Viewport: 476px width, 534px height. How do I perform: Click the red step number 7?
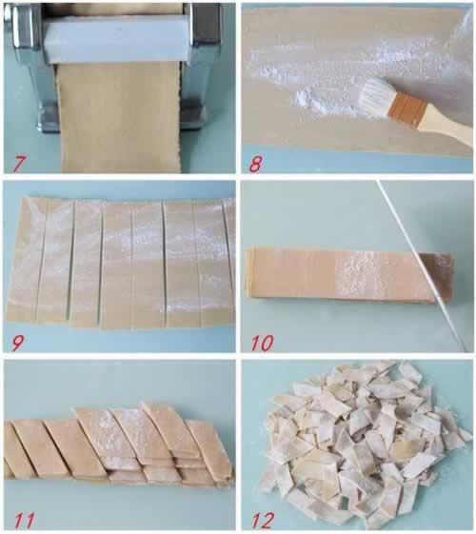tap(18, 164)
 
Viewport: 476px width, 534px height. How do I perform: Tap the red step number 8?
tap(255, 164)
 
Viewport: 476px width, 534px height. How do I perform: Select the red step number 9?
tap(17, 343)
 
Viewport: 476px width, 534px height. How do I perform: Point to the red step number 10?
tap(262, 343)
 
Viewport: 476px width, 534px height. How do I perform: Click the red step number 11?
tap(24, 521)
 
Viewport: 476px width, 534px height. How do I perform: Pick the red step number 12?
tap(263, 521)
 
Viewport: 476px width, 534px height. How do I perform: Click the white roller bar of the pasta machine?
tap(116, 40)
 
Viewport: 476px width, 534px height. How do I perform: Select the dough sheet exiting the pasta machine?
tap(118, 117)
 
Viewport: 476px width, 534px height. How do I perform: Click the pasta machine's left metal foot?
tap(48, 116)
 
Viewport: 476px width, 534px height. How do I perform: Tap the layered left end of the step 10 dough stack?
tap(249, 271)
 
